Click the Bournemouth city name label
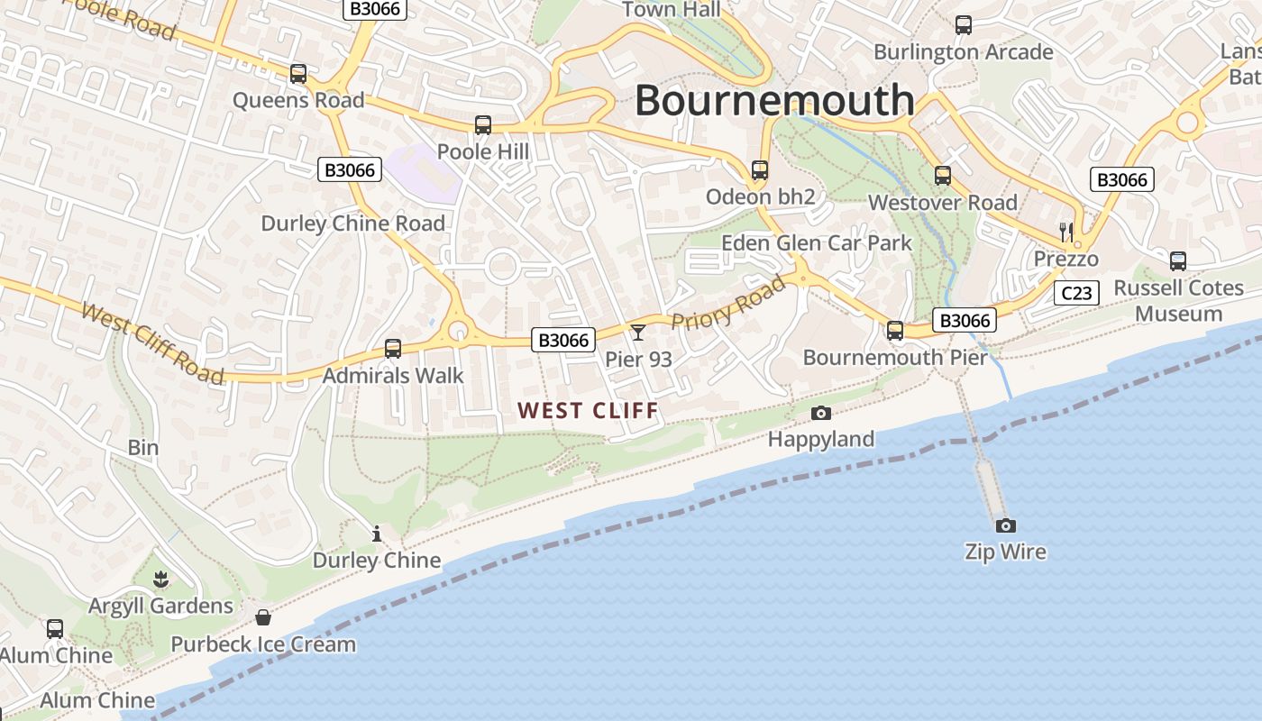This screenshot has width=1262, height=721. (x=775, y=100)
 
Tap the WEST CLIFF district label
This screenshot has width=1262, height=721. (x=589, y=411)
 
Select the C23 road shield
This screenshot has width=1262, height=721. (x=1076, y=293)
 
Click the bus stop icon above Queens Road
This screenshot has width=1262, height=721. (x=298, y=74)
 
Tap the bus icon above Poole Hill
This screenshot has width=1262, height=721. (x=483, y=125)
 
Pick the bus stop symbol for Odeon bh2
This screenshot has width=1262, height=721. (x=760, y=170)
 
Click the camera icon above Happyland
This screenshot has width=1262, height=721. (x=820, y=413)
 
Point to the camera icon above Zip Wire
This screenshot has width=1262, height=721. (x=1005, y=525)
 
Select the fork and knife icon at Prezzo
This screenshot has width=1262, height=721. (x=1066, y=233)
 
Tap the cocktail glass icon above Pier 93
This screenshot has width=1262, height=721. (x=638, y=333)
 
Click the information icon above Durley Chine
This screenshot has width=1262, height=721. (x=377, y=534)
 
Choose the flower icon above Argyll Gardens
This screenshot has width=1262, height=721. (x=161, y=579)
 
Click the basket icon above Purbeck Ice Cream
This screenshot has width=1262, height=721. (x=263, y=617)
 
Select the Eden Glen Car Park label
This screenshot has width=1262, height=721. (x=817, y=243)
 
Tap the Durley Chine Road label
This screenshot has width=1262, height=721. (x=353, y=224)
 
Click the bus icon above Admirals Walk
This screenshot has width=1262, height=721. (x=393, y=349)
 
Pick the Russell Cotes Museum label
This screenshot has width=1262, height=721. (x=1178, y=301)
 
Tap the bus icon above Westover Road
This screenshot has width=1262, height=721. (x=943, y=176)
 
